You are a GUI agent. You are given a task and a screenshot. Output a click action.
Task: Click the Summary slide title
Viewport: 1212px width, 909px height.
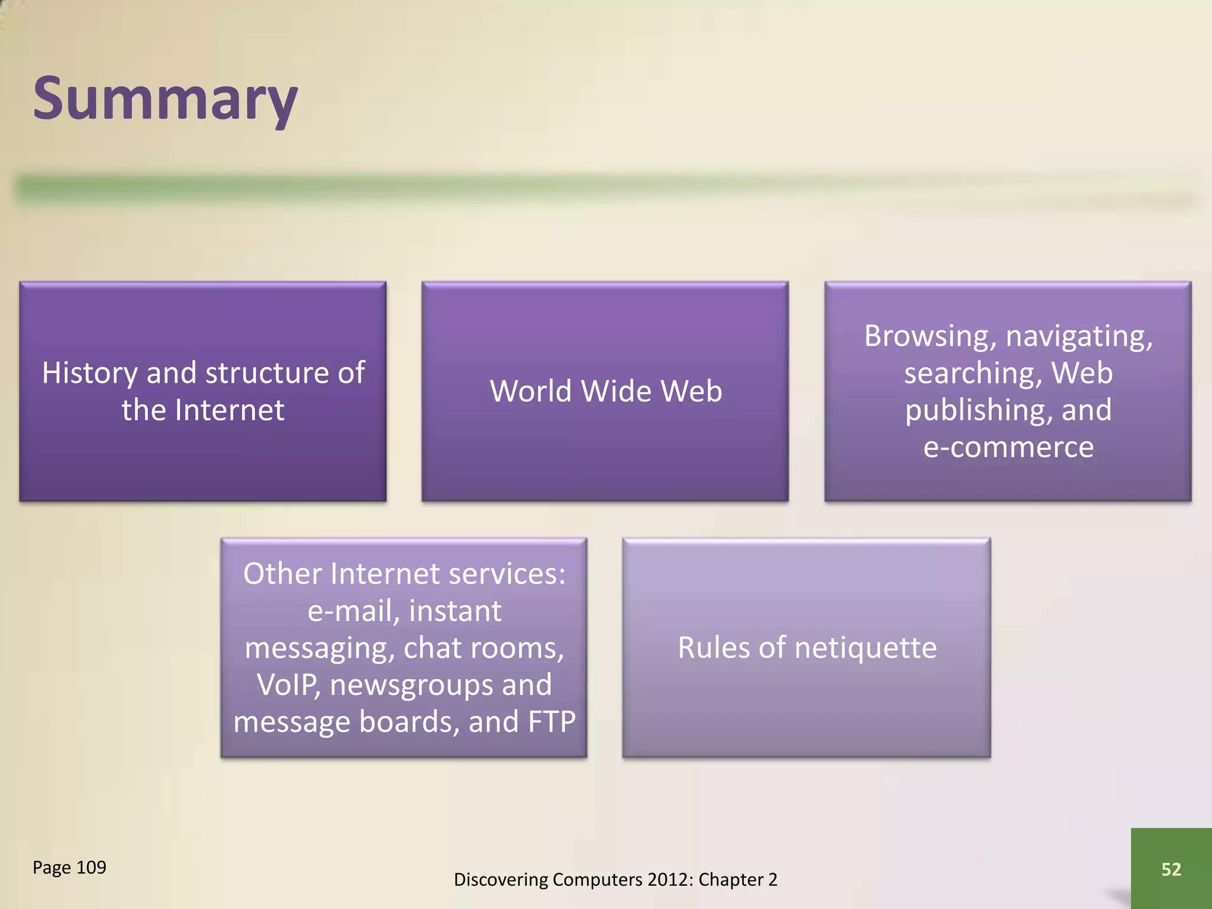pos(165,99)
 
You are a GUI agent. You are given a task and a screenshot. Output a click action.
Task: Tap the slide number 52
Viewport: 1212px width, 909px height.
pos(1171,869)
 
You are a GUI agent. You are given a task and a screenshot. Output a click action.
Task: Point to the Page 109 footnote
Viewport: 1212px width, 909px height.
pos(69,867)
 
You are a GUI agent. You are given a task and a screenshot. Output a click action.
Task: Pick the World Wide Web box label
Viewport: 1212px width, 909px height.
pos(605,391)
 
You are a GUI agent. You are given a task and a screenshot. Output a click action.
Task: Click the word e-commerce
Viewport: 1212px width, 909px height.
pos(1008,447)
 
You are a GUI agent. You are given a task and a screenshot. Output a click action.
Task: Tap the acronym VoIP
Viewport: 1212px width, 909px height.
pos(288,685)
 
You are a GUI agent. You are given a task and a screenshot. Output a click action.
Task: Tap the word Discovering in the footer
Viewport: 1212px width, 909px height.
pos(501,879)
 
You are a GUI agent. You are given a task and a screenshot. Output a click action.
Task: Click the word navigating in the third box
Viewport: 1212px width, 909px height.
pos(1079,336)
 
